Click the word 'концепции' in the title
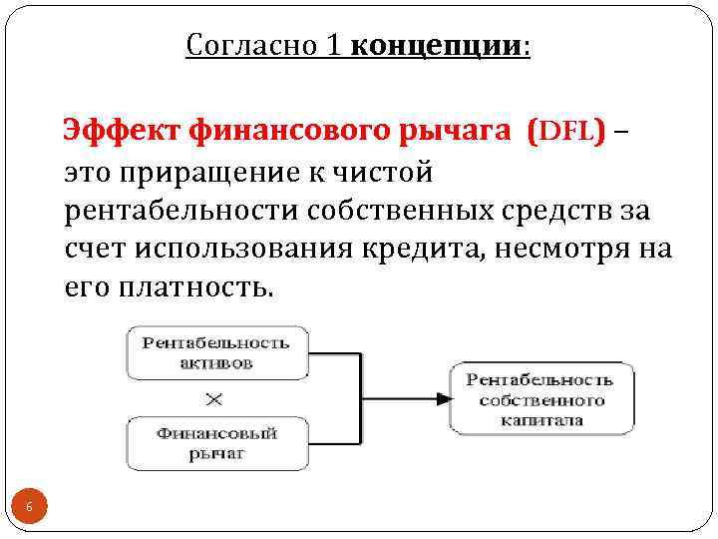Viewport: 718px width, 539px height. click(x=437, y=47)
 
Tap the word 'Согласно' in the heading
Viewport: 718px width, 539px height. click(x=250, y=47)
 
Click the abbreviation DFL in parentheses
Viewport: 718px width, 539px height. click(x=569, y=130)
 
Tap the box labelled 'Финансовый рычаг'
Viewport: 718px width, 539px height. click(x=214, y=443)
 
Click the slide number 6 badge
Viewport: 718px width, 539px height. click(x=29, y=508)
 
